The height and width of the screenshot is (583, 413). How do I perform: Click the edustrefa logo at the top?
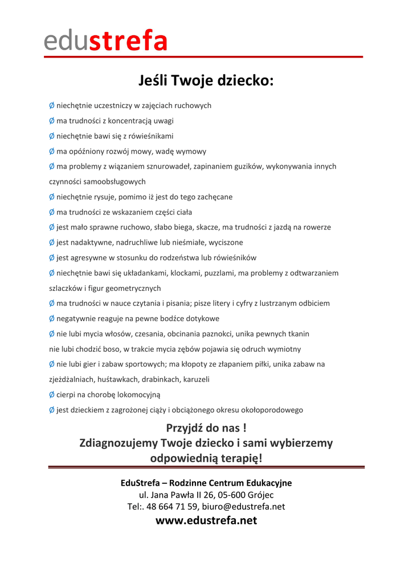coord(106,41)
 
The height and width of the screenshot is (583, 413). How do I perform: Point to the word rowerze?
coord(315,227)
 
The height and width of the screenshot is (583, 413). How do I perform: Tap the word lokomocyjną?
coord(136,395)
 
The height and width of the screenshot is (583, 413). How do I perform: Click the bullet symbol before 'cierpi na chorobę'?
coord(52,395)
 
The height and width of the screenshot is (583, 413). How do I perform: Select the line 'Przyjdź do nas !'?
coord(206,428)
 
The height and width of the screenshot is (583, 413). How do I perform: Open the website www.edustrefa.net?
coord(206,520)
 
